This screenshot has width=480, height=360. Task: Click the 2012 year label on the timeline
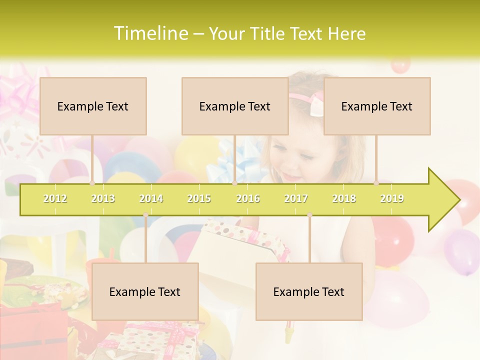click(55, 198)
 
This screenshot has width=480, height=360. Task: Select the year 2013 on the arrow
click(103, 198)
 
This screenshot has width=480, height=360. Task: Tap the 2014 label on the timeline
click(151, 198)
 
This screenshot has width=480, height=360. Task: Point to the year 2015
click(199, 198)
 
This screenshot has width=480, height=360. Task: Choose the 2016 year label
click(248, 198)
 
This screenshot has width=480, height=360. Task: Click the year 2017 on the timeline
click(296, 198)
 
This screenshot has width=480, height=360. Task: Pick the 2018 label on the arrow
click(344, 198)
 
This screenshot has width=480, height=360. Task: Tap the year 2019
click(392, 198)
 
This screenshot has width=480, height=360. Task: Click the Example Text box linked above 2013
click(93, 106)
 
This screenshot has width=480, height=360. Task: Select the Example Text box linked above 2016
click(235, 106)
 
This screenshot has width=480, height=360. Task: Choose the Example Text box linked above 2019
click(377, 106)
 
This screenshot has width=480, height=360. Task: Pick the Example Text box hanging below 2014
click(145, 291)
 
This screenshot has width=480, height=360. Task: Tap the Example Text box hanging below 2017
click(309, 291)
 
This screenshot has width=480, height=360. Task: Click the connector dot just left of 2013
click(92, 183)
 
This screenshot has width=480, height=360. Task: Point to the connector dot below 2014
click(145, 215)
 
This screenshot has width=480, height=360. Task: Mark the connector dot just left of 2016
click(235, 183)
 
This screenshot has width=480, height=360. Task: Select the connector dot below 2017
click(309, 215)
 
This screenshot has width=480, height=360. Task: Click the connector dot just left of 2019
click(376, 183)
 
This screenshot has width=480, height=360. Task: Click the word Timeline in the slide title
click(150, 33)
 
